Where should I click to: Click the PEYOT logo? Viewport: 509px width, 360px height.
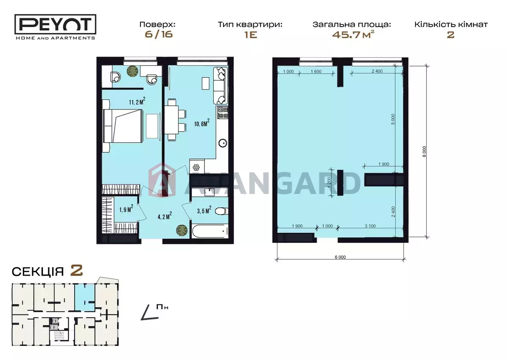pyautogui.click(x=55, y=27)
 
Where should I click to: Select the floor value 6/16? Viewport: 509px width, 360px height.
pyautogui.click(x=159, y=34)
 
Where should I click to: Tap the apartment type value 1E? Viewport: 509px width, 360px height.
pyautogui.click(x=250, y=35)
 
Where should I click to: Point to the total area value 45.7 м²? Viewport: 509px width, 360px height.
pyautogui.click(x=353, y=34)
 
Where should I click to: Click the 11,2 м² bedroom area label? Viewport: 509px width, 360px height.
pyautogui.click(x=137, y=101)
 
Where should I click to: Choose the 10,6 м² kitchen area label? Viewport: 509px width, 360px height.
pyautogui.click(x=201, y=123)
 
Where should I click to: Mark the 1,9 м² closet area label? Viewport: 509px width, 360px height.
pyautogui.click(x=126, y=208)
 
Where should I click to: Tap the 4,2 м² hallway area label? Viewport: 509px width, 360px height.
pyautogui.click(x=165, y=216)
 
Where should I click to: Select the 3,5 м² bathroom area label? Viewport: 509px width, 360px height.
pyautogui.click(x=204, y=210)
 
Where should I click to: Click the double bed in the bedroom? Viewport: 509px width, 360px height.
pyautogui.click(x=123, y=126)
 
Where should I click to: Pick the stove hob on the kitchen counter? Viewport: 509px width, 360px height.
pyautogui.click(x=222, y=112)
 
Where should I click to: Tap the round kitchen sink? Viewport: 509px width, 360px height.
pyautogui.click(x=223, y=143)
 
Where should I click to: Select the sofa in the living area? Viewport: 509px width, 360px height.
pyautogui.click(x=221, y=85)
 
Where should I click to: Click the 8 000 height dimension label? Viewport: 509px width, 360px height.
pyautogui.click(x=424, y=152)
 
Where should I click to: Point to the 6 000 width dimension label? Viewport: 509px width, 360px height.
pyautogui.click(x=340, y=257)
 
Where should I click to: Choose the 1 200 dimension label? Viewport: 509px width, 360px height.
pyautogui.click(x=330, y=183)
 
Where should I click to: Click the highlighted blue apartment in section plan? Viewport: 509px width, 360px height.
pyautogui.click(x=85, y=298)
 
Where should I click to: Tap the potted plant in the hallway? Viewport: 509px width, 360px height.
pyautogui.click(x=182, y=230)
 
